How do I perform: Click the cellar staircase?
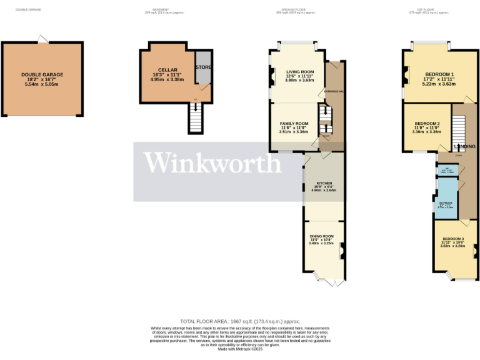click(196, 117)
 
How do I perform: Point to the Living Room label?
click(299, 72)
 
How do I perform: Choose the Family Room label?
click(294, 124)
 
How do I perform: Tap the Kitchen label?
click(324, 182)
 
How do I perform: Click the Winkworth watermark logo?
click(213, 164)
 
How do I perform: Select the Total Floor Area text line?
click(239, 320)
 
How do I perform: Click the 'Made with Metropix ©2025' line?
click(239, 349)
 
